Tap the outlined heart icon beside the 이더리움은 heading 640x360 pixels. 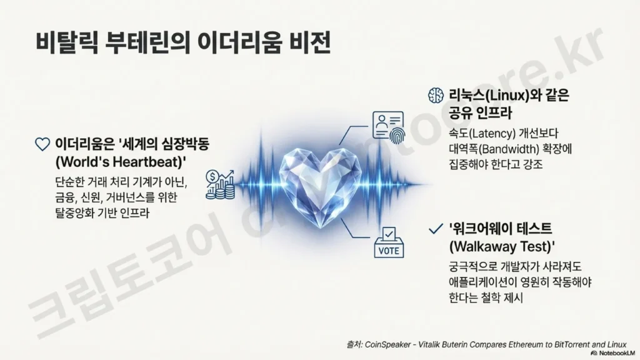coord(42,144)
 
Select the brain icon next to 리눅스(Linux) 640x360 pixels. coord(436,95)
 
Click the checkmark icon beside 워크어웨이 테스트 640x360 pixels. coord(436,229)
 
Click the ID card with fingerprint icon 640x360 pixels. coord(389,127)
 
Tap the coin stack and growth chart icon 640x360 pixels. coord(221,184)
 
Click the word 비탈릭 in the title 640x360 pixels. coord(67,43)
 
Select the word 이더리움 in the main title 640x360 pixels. coord(239,43)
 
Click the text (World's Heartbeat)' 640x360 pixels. coord(121,162)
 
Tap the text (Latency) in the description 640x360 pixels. coord(492,134)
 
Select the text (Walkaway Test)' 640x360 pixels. coord(502,246)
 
